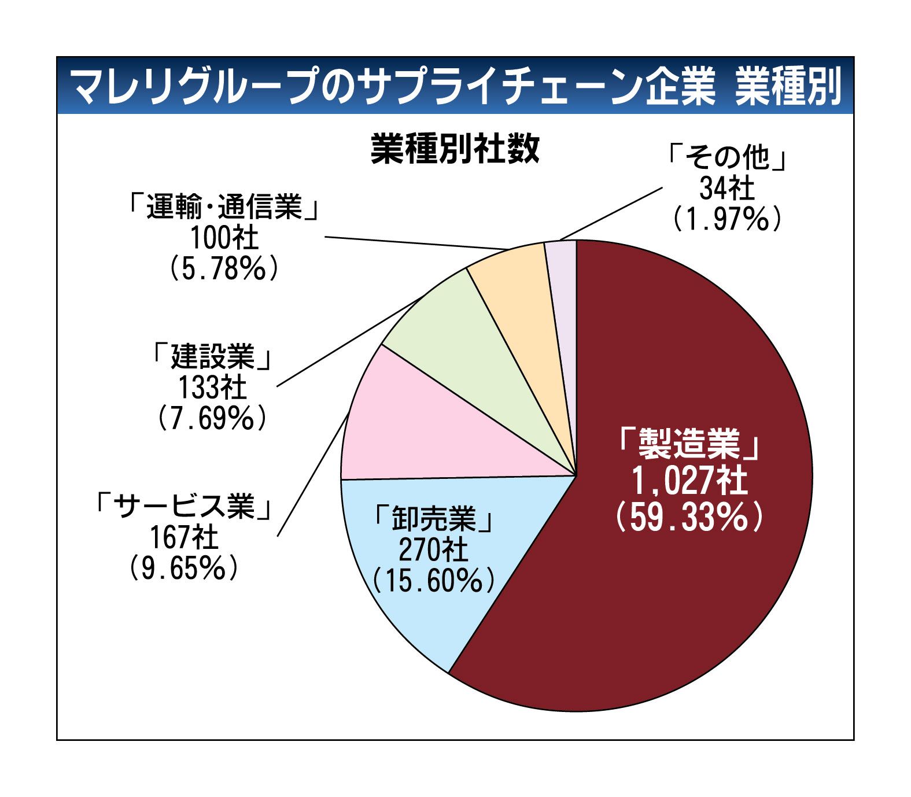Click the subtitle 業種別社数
point(455,149)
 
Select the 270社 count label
point(433,549)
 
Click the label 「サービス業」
point(184,507)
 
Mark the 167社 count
point(184,538)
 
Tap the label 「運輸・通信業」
point(224,207)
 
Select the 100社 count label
point(224,238)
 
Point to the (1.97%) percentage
point(727,219)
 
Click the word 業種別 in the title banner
point(788,87)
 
